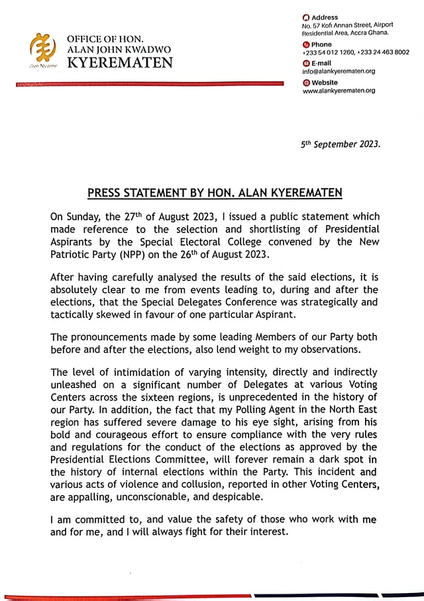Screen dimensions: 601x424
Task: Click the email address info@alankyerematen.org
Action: click(x=339, y=71)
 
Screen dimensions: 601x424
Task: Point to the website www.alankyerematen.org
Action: click(x=339, y=91)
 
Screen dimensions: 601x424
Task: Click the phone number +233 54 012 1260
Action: click(x=327, y=52)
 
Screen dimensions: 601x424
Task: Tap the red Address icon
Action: click(x=305, y=17)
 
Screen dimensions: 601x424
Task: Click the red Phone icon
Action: click(x=305, y=44)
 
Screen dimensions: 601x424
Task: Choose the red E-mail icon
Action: click(x=305, y=63)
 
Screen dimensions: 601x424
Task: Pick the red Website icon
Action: click(x=305, y=82)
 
